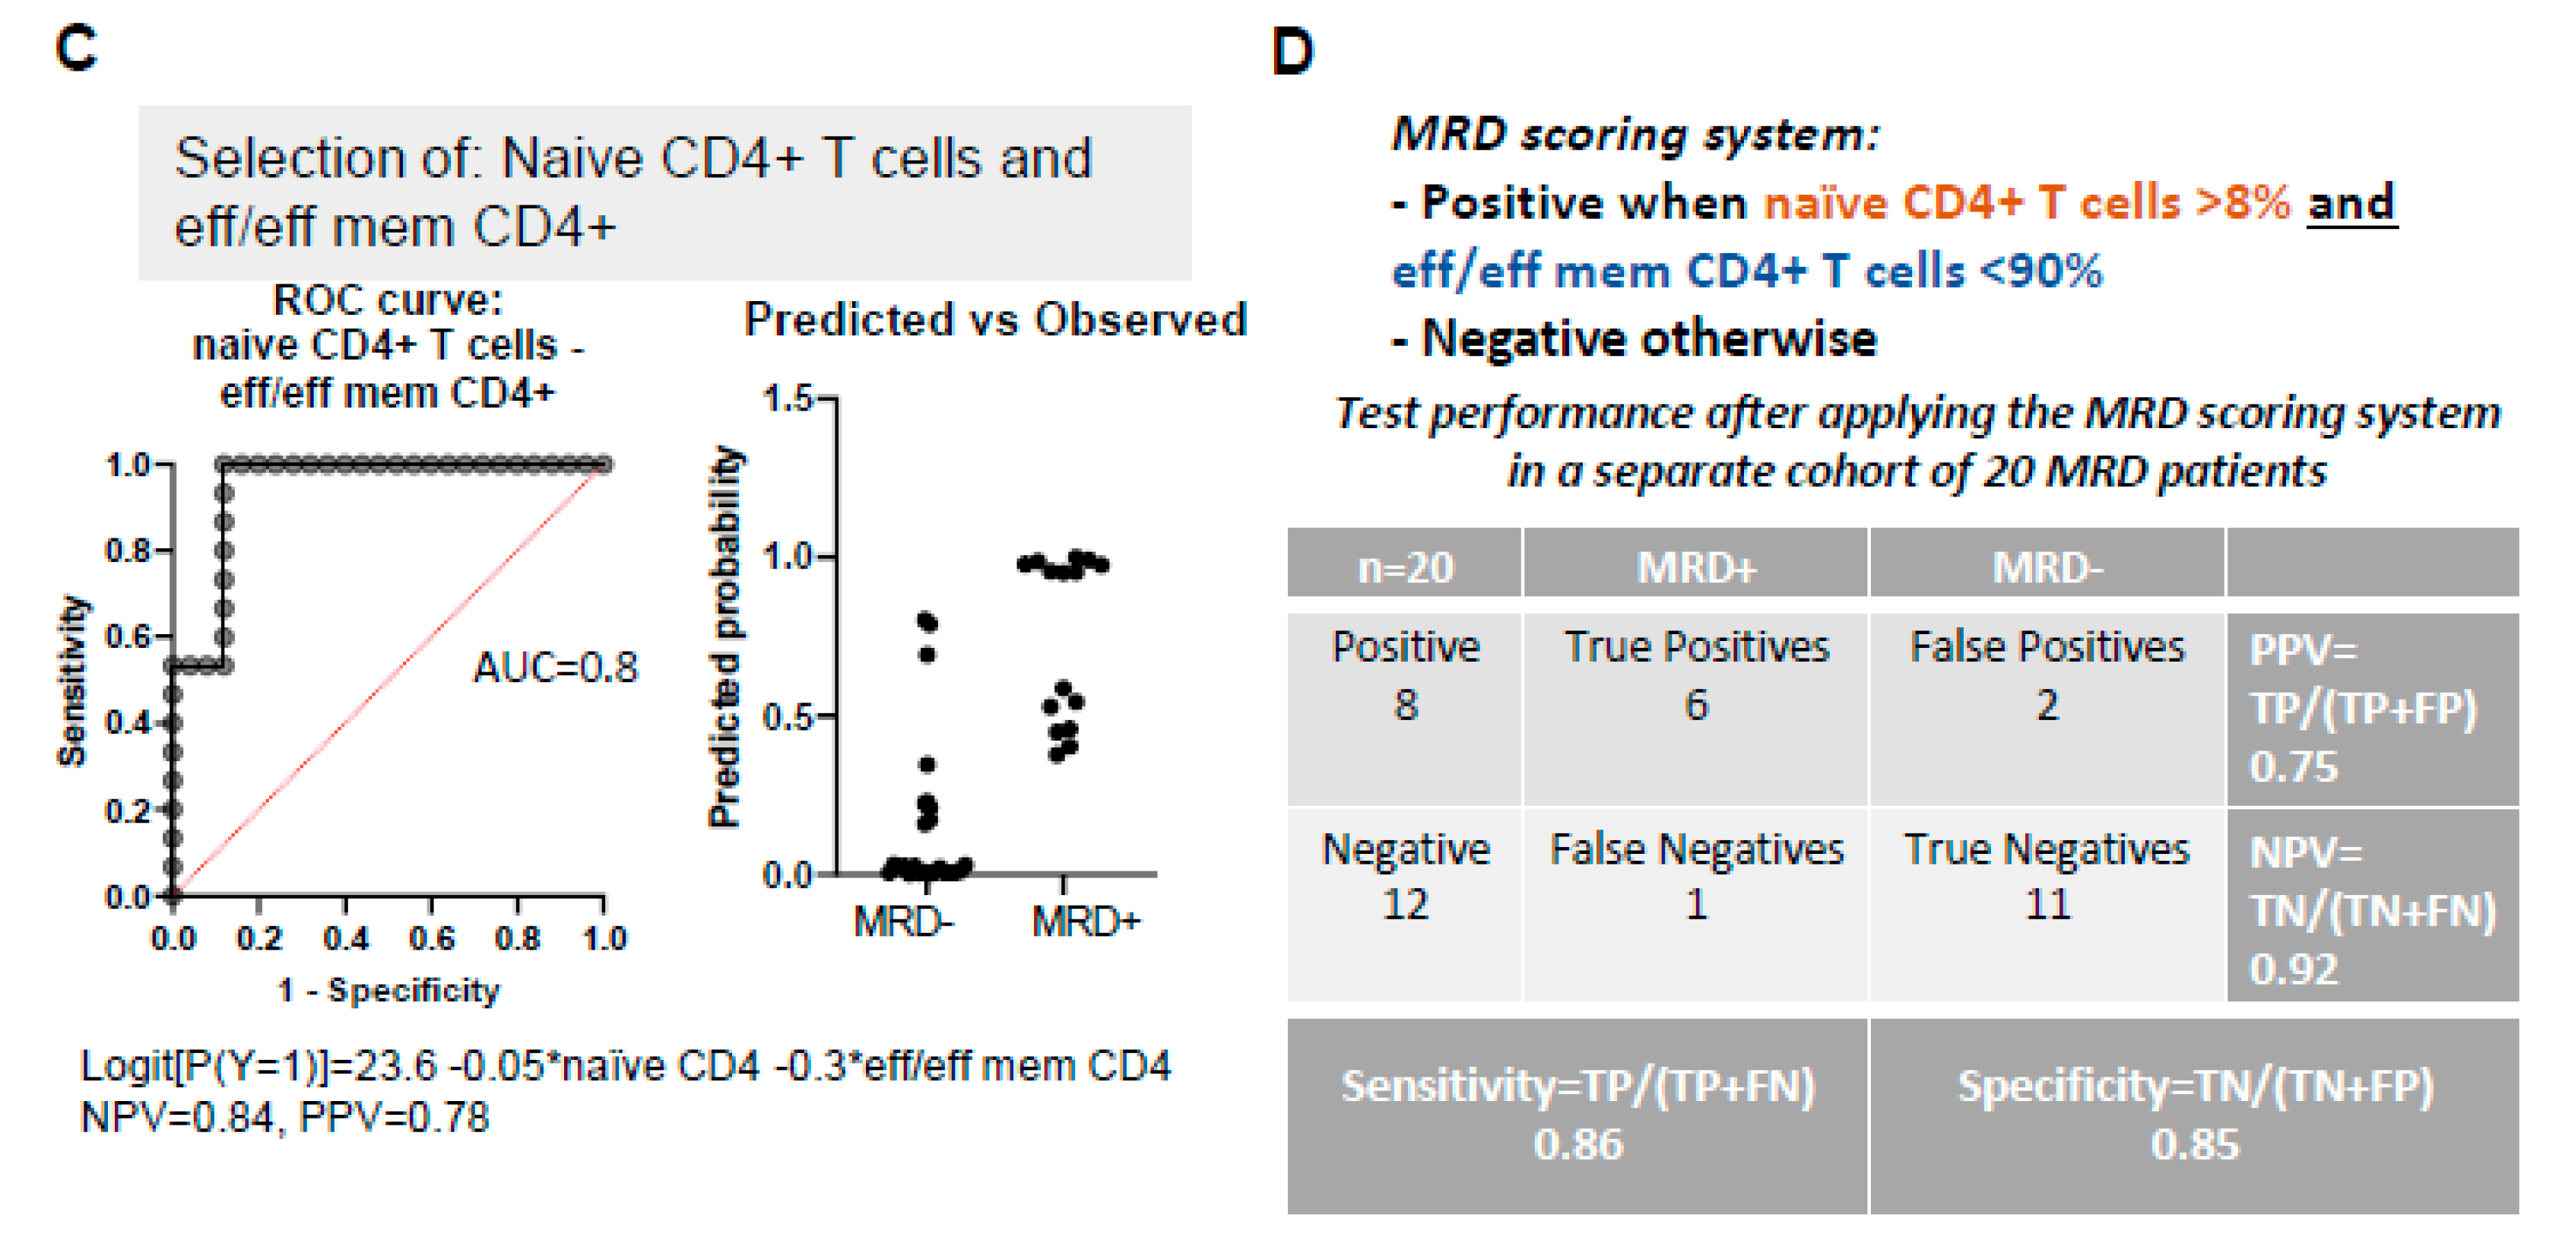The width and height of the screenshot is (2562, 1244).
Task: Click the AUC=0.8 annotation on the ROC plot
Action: click(x=555, y=668)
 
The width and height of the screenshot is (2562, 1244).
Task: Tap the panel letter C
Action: click(x=77, y=49)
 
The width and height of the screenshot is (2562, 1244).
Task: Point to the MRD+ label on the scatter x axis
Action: click(x=1085, y=922)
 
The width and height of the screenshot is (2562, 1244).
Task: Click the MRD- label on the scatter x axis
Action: click(x=903, y=922)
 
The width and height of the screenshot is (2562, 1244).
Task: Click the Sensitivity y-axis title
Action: click(x=71, y=681)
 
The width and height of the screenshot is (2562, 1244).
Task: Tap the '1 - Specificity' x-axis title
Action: click(x=388, y=991)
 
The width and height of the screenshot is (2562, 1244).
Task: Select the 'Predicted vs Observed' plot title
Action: click(x=994, y=320)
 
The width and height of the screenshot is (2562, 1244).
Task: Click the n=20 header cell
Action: click(x=1406, y=568)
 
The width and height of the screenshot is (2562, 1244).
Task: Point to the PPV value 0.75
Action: click(x=2294, y=766)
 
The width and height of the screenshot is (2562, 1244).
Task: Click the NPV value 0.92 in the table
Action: click(x=2294, y=969)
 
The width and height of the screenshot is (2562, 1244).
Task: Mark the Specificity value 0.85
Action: click(x=2195, y=1144)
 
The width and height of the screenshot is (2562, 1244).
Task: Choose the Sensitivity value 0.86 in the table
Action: click(x=1577, y=1144)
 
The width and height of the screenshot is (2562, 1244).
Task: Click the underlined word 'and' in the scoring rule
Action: click(x=2351, y=203)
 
